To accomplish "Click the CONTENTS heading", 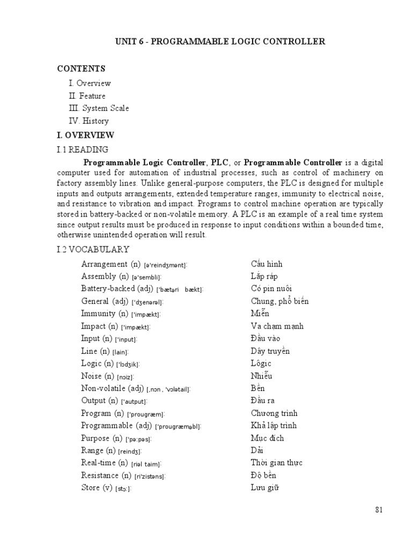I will [x=82, y=69].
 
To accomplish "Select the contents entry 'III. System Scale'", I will [x=99, y=108].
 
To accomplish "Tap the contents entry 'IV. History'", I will [x=89, y=121].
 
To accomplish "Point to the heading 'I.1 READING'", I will [x=83, y=150].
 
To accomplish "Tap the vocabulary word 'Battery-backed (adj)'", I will [x=117, y=289].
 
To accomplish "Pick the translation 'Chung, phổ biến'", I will [x=279, y=301].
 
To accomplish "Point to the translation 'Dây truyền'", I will [x=270, y=351].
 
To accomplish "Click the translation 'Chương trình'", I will [x=274, y=413].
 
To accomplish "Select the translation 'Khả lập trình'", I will [x=273, y=426].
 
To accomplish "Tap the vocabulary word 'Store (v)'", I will [x=97, y=488].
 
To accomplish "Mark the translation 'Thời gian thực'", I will [x=273, y=463].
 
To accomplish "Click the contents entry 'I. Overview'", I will [x=90, y=84].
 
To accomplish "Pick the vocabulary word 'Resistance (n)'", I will [x=106, y=475].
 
